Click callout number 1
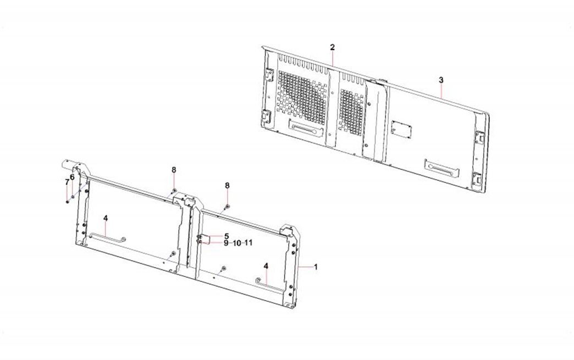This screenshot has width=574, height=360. [316, 267]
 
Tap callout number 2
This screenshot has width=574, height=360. [332, 47]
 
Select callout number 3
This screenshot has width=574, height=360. [441, 80]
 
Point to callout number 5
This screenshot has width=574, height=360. [227, 236]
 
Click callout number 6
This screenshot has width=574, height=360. [72, 177]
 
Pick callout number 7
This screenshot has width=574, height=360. [67, 182]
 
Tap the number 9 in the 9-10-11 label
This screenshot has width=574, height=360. [226, 243]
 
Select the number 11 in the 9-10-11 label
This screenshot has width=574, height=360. [249, 242]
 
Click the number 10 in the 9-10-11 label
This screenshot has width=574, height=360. [237, 243]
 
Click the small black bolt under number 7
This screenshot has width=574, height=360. [68, 202]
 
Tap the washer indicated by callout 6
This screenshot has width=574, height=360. [73, 197]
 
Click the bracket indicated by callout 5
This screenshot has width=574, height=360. [203, 239]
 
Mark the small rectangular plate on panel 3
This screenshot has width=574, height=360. [401, 129]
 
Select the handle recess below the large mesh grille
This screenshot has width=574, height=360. [306, 128]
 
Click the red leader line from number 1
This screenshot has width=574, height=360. [306, 268]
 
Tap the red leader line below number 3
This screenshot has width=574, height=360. [441, 91]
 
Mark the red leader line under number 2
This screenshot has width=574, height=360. [333, 58]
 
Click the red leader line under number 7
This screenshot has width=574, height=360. [67, 193]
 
